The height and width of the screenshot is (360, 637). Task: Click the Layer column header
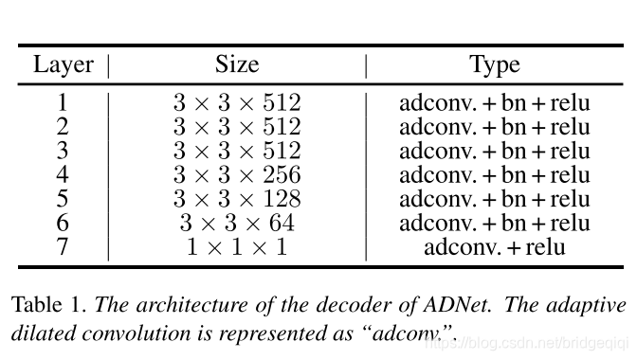64,64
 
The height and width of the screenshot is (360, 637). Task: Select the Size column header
236,64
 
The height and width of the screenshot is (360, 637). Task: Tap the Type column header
494,64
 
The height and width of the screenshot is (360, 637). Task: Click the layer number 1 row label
64,102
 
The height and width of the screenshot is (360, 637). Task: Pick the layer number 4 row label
64,175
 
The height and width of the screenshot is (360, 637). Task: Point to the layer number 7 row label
64,247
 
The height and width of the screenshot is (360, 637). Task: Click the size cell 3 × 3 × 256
236,175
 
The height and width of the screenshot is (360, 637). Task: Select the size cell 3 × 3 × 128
236,199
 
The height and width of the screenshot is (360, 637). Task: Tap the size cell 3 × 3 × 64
236,224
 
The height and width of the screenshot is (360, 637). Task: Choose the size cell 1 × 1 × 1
236,247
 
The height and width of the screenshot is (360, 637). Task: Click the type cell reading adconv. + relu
494,247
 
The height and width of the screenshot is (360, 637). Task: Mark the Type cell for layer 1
494,102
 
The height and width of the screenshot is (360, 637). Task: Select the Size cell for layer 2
236,127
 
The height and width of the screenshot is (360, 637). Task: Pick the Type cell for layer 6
494,224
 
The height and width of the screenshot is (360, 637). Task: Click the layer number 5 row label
64,199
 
